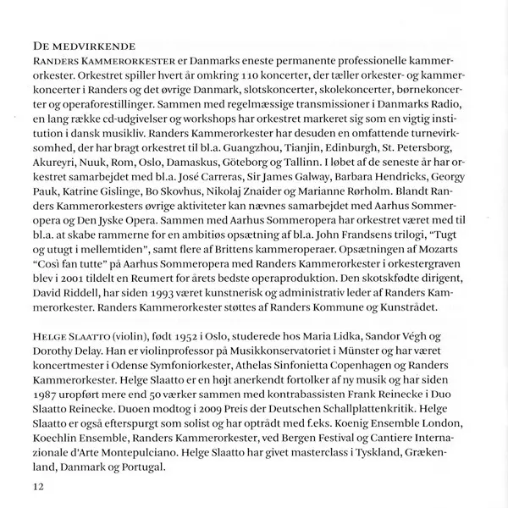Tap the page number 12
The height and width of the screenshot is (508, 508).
(x=37, y=486)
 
